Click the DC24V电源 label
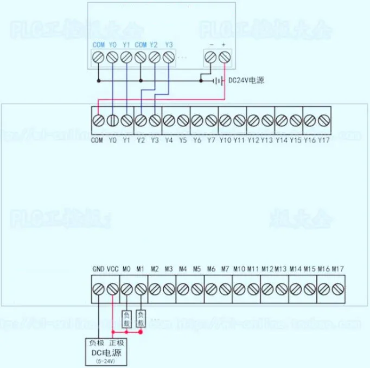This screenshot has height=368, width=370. pos(245,81)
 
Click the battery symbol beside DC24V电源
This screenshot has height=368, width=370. pos(218,81)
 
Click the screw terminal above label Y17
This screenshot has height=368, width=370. pos(324,120)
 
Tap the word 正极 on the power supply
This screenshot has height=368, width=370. pos(116,343)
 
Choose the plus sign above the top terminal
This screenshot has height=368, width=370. pos(224,44)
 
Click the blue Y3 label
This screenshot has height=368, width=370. pos(169,44)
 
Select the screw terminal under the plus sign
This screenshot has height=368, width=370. pos(224,57)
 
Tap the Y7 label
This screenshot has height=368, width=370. pos(211,140)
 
